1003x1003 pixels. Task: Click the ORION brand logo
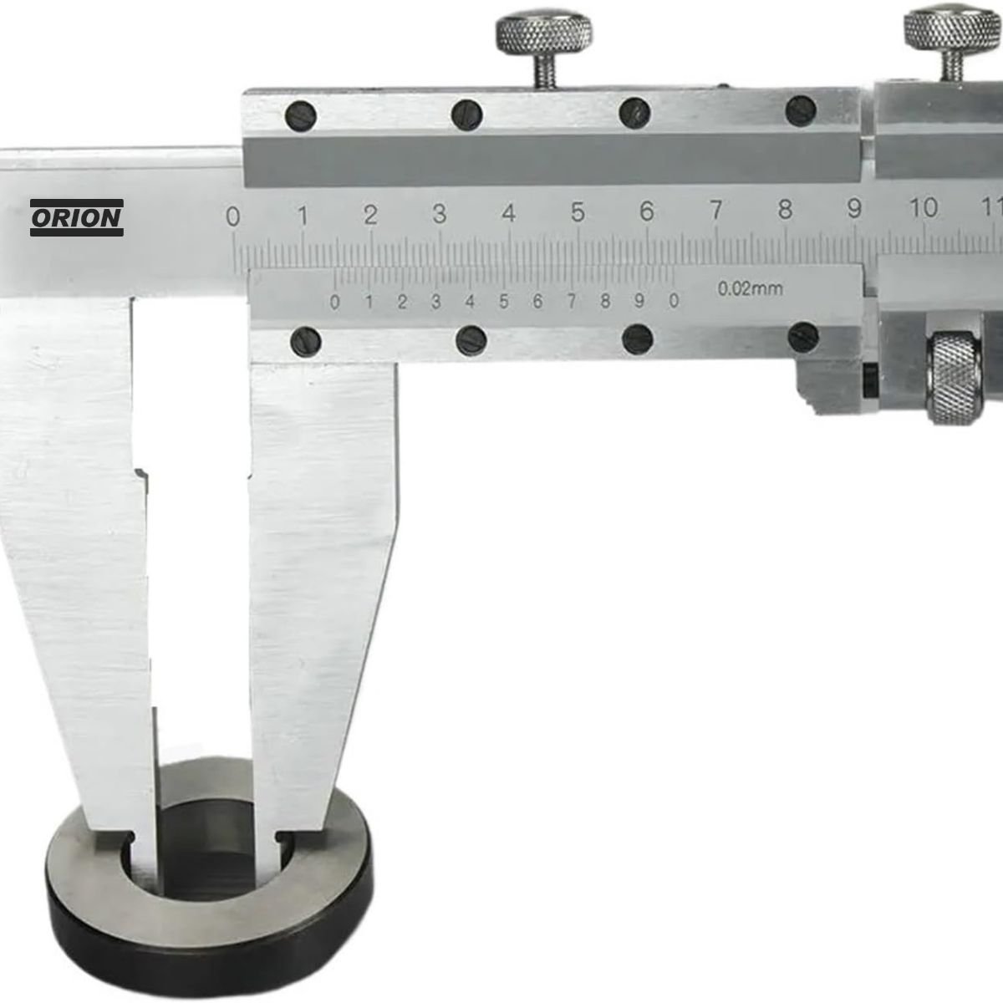point(77,217)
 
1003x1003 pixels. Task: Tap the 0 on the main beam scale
point(233,216)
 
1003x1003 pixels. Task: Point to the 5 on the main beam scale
point(578,212)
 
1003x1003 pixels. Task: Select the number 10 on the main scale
point(924,207)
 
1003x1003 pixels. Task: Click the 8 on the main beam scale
point(785,209)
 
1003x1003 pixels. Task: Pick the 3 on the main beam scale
point(440,214)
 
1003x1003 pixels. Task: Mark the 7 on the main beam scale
point(716,211)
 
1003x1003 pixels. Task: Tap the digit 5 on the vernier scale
point(504,302)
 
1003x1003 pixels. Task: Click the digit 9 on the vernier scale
point(639,300)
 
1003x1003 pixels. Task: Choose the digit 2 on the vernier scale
point(402,302)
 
